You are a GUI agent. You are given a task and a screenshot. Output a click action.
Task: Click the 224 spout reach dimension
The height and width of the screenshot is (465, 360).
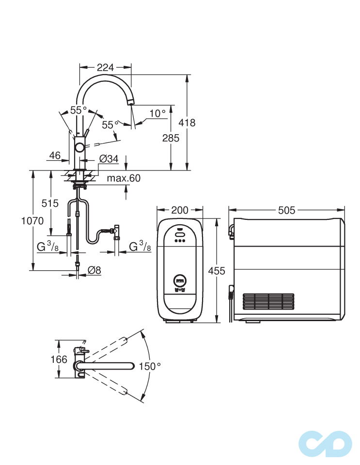105,68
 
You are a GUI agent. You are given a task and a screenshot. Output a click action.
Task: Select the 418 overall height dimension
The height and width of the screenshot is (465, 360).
187,123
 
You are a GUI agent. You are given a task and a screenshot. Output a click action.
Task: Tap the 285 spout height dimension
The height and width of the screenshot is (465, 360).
171,138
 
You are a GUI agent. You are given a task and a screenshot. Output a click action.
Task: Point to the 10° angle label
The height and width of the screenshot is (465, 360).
157,113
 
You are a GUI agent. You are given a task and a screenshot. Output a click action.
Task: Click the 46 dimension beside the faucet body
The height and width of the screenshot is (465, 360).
55,155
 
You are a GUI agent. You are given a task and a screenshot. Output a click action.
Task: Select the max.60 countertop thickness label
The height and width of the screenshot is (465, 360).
124,178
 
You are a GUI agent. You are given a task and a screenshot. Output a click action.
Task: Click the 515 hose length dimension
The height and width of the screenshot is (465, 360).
50,203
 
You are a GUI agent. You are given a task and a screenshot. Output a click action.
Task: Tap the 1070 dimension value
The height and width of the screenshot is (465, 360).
32,221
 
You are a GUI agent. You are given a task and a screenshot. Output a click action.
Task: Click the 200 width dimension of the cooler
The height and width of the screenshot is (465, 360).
180,210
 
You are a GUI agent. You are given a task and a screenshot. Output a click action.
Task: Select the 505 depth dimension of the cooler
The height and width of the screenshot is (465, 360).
287,210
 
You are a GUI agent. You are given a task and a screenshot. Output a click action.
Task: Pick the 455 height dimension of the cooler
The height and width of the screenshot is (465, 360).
216,271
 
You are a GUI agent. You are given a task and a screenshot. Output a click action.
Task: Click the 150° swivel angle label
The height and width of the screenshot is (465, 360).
149,366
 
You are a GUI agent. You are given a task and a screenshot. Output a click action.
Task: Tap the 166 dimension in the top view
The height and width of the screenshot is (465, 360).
59,359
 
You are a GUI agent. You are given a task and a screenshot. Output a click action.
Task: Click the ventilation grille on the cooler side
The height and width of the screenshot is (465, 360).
267,301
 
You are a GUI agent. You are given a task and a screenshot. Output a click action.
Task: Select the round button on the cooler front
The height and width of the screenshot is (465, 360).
180,280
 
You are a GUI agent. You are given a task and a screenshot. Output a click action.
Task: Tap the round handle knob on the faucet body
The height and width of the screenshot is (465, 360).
79,148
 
